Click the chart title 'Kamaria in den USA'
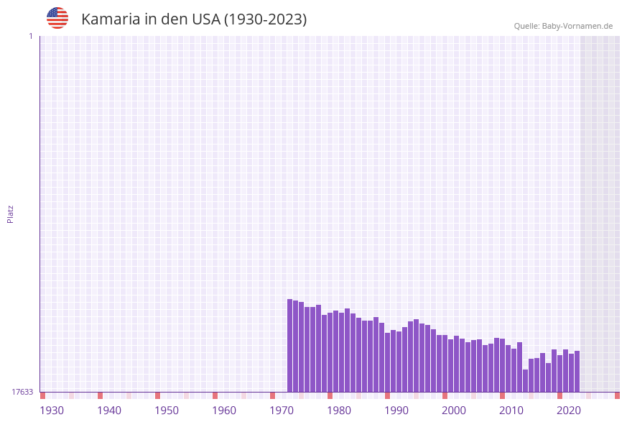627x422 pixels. coord(194,19)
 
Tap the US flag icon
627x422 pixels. coord(57,18)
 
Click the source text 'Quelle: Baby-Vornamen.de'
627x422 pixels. coord(563,26)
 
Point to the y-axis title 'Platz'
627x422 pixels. coord(11,214)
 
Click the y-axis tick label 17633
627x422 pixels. coord(22,392)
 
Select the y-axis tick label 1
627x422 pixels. coord(30,36)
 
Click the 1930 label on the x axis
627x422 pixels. coord(52,410)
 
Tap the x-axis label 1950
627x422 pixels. coord(167,410)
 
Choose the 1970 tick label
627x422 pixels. coord(282,410)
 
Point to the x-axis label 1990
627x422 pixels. coord(396,410)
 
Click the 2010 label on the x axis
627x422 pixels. coord(511,410)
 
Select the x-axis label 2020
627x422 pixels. coord(569,410)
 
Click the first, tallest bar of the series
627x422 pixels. coord(289,345)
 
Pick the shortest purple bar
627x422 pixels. coord(525,380)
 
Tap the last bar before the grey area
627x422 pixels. coord(577,371)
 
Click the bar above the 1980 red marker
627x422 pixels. coord(330,352)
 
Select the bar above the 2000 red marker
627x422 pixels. coord(445,363)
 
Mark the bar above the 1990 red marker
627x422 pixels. coord(387,362)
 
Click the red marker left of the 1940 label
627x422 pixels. coord(100,395)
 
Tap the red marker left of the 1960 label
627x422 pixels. coord(215,395)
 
